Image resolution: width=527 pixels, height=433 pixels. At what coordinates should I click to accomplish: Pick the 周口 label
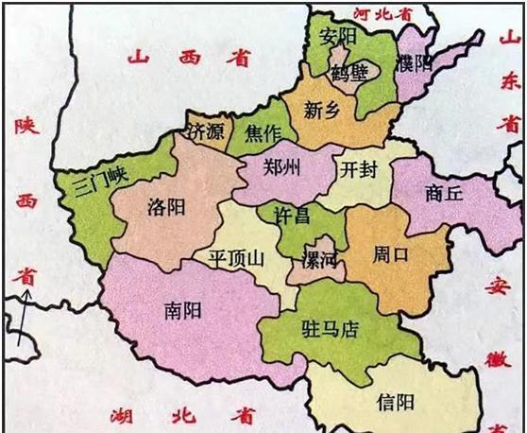[x=390, y=254]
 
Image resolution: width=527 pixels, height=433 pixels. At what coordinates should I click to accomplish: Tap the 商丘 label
[x=444, y=193]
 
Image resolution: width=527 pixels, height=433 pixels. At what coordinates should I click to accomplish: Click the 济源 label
[x=207, y=131]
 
